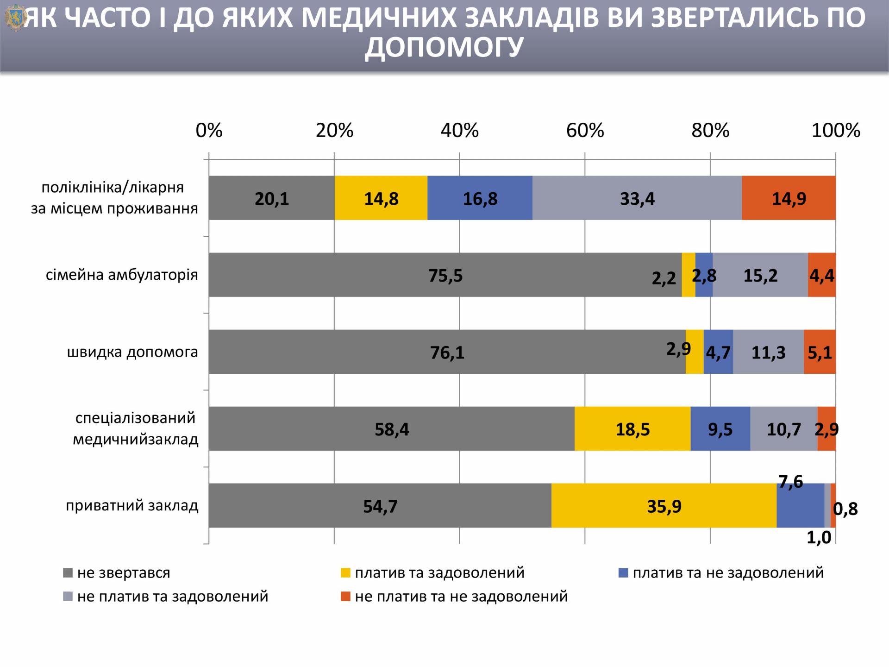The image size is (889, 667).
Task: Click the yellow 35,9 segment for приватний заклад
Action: pyautogui.click(x=664, y=505)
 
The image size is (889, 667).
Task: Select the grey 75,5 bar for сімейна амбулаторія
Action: pyautogui.click(x=445, y=275)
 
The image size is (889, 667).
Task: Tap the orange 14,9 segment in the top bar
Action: pyautogui.click(x=789, y=198)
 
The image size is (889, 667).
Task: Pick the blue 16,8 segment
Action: pyautogui.click(x=480, y=198)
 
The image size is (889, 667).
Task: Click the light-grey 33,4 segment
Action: pyautogui.click(x=637, y=198)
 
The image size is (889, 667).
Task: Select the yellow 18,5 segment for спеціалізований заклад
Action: pyautogui.click(x=632, y=428)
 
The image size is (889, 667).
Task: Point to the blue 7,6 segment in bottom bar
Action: pyautogui.click(x=800, y=505)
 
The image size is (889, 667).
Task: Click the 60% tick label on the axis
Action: pyautogui.click(x=585, y=131)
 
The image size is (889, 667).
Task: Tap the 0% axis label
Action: pyautogui.click(x=209, y=131)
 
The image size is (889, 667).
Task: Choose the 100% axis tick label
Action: pyautogui.click(x=836, y=131)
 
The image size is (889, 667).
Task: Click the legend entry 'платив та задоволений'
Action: pyautogui.click(x=439, y=573)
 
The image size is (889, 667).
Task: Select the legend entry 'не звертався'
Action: pyautogui.click(x=124, y=573)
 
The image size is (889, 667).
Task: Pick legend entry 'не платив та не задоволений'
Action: pyautogui.click(x=461, y=596)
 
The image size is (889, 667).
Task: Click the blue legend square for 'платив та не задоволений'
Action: pyautogui.click(x=624, y=573)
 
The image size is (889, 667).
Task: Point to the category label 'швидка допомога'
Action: pyautogui.click(x=132, y=352)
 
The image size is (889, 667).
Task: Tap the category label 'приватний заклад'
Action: pyautogui.click(x=132, y=505)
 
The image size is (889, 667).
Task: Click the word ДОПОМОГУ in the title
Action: pyautogui.click(x=444, y=46)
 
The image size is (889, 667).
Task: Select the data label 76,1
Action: pyautogui.click(x=447, y=352)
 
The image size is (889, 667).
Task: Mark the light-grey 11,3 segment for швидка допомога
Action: pyautogui.click(x=768, y=352)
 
